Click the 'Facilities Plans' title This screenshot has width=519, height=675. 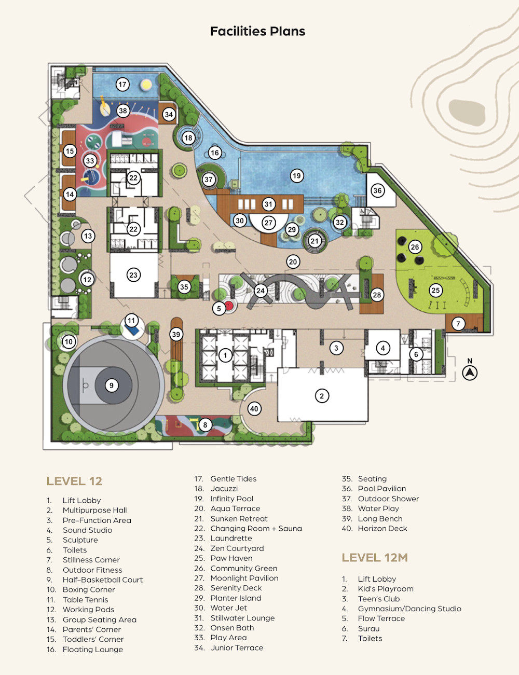coord(257,31)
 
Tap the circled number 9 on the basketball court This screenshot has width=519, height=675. coord(112,385)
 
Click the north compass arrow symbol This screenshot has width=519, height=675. coord(470,373)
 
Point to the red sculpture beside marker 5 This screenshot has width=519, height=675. coord(229,306)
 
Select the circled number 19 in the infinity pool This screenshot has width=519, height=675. coord(297,176)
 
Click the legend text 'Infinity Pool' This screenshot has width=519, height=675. coord(231,499)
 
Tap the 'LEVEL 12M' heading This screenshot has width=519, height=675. coord(375,558)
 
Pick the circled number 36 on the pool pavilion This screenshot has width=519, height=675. coord(377,190)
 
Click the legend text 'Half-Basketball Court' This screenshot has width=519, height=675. coord(102,580)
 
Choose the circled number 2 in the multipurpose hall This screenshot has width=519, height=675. coord(322,396)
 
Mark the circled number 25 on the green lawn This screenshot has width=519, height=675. coord(436,291)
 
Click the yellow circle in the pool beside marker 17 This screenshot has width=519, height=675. coord(146,85)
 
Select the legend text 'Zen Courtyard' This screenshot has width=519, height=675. coord(237,548)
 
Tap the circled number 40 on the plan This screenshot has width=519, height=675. coord(254,409)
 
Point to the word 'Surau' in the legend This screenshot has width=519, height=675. coord(368,628)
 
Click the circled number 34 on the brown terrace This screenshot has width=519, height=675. coord(169,115)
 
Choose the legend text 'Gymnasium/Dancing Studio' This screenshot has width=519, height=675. coord(409,609)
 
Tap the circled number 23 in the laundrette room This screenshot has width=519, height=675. coord(133,275)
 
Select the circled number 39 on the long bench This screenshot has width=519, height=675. coord(176,335)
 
